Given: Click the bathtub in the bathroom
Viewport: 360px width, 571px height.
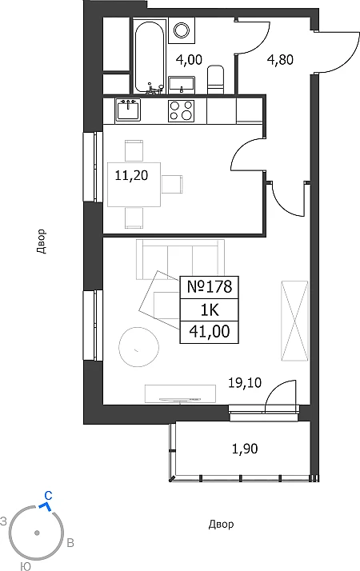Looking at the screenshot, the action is click(x=149, y=58).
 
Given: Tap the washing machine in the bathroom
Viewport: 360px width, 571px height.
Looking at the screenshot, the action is click(x=182, y=29).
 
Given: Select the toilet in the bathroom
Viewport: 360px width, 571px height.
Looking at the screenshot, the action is click(x=215, y=80).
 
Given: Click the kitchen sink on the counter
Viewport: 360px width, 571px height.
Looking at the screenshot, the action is click(x=128, y=110).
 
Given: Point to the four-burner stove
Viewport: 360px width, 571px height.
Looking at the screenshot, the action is click(x=182, y=110).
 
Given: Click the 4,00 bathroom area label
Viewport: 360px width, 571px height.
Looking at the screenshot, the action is click(x=189, y=59).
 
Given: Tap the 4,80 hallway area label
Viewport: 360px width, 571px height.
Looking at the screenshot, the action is click(x=280, y=59).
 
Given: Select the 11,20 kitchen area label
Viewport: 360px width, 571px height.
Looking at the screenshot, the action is click(x=131, y=175).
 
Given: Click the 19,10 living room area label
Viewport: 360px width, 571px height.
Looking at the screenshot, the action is click(x=245, y=383).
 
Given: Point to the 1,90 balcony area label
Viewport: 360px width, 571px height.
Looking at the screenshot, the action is click(x=245, y=449).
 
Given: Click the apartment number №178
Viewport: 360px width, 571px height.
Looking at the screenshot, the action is click(x=210, y=287).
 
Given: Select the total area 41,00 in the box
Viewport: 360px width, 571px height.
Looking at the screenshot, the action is click(x=210, y=332).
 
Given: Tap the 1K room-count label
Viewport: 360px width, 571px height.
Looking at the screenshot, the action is click(x=210, y=310).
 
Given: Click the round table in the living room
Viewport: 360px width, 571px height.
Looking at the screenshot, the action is click(x=139, y=346).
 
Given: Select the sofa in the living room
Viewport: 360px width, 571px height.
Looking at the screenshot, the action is click(x=180, y=259).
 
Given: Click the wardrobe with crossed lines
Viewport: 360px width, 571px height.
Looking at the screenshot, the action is click(x=294, y=321).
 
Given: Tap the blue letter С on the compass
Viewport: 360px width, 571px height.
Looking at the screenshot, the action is click(x=48, y=495).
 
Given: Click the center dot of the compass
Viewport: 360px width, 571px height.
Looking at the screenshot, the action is click(x=37, y=533).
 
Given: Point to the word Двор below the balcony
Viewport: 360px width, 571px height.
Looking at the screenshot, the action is click(x=221, y=525).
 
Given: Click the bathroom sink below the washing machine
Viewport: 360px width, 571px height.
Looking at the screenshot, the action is click(x=182, y=85).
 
